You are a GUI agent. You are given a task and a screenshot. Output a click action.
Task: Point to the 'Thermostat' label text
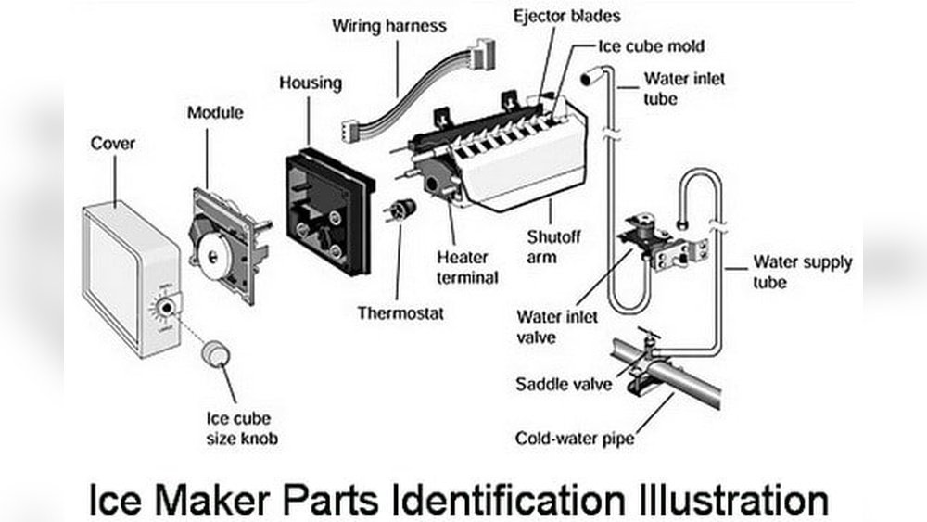click(x=400, y=312)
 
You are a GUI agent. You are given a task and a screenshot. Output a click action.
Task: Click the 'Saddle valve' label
click(x=565, y=384)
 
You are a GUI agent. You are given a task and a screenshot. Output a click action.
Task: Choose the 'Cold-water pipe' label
click(x=575, y=438)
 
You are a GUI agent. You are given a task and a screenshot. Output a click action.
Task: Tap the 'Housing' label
click(x=311, y=83)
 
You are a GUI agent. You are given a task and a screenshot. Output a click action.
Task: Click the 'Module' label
click(x=215, y=113)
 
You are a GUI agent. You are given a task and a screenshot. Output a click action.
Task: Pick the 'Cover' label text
click(x=112, y=144)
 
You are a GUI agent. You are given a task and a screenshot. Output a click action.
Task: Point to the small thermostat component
click(x=401, y=210)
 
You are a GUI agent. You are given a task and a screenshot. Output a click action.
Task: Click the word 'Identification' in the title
click(x=507, y=500)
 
